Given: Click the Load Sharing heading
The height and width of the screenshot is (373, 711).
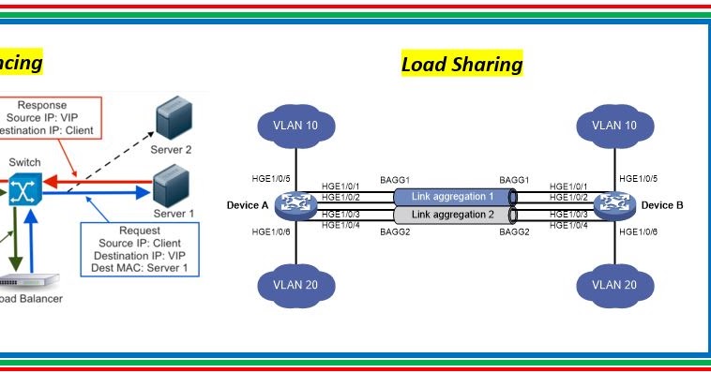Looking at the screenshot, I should pyautogui.click(x=461, y=64).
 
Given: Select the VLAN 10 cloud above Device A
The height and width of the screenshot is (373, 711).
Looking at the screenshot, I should pyautogui.click(x=295, y=126).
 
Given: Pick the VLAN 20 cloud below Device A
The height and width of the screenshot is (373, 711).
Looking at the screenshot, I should pyautogui.click(x=295, y=284).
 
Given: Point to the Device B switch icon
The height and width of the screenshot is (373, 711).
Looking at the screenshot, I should pyautogui.click(x=615, y=204).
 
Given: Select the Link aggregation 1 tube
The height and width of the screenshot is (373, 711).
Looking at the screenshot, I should pyautogui.click(x=453, y=196).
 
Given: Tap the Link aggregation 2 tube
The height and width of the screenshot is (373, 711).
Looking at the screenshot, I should pyautogui.click(x=453, y=215).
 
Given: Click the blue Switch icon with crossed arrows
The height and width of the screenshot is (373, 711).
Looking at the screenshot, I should pyautogui.click(x=23, y=192).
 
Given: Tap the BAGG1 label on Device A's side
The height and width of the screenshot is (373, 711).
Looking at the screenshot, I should pyautogui.click(x=395, y=178).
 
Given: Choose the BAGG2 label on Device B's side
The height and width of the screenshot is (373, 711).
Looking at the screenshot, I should pyautogui.click(x=514, y=231).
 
